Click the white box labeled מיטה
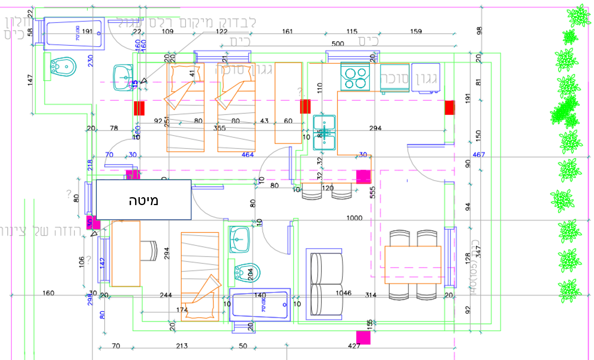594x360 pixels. click(144, 200)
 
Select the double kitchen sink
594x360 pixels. click(324, 133)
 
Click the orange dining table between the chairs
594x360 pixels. click(413, 264)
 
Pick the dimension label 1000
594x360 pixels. click(354, 218)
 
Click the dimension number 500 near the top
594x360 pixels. click(338, 43)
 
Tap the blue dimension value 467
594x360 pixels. click(479, 155)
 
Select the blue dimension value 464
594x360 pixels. click(248, 155)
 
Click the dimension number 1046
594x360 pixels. click(343, 293)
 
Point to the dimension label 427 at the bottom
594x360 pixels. click(354, 346)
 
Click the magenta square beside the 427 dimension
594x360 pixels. click(363, 338)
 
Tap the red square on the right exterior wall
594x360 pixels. click(449, 107)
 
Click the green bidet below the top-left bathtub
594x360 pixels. click(63, 67)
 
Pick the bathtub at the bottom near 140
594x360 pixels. click(259, 305)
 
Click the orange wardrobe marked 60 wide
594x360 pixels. click(288, 103)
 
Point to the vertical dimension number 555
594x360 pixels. click(372, 192)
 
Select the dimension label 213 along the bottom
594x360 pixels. click(182, 346)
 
